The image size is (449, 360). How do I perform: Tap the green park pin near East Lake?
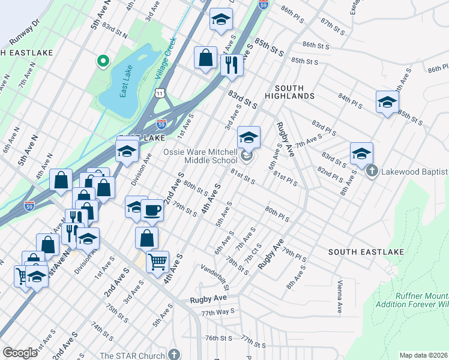click(103, 61)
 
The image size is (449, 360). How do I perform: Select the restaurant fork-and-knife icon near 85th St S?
click(231, 64)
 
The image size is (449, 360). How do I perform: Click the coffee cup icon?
click(152, 210)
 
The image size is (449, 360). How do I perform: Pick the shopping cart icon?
click(157, 260)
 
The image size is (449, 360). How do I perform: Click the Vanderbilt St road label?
click(217, 274)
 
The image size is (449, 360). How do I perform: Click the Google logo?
click(20, 352)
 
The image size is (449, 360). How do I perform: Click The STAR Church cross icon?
click(174, 355)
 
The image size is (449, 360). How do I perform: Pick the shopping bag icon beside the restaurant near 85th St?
click(205, 58)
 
